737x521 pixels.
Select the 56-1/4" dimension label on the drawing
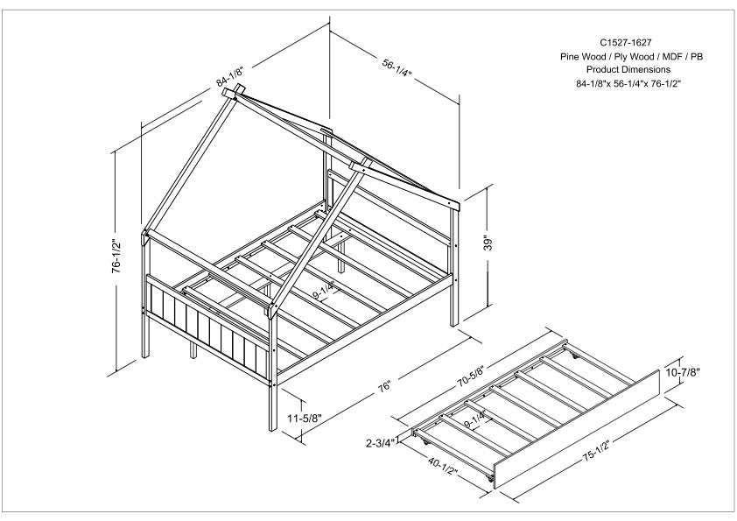398,66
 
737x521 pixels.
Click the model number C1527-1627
625,41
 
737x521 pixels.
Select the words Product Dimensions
628,69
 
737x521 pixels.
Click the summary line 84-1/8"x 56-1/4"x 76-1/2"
628,83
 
